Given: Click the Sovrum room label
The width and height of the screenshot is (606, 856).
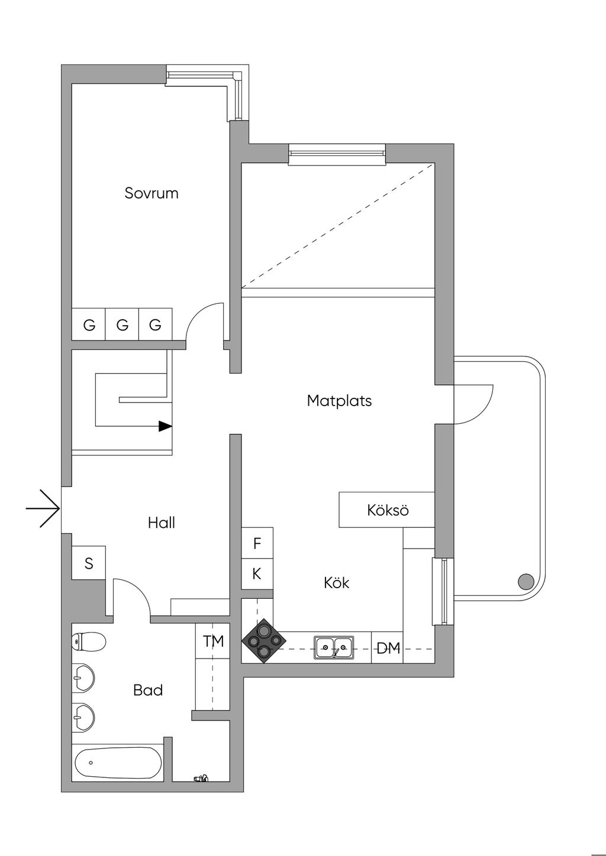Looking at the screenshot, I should tap(151, 193).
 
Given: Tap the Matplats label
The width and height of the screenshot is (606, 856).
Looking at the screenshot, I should tap(339, 401).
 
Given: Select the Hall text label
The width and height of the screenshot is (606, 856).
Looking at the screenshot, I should tap(161, 523).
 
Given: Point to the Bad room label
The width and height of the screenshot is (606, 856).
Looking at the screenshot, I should tap(148, 690).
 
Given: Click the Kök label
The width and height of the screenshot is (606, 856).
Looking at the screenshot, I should tap(336, 583).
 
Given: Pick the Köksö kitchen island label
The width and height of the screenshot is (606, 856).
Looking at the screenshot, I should tap(388, 510).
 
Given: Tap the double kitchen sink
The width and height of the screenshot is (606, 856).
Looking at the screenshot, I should tap(334, 647).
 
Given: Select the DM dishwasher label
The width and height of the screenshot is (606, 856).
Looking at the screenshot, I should tap(388, 649).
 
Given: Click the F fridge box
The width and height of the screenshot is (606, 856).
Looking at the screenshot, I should tap(257, 543).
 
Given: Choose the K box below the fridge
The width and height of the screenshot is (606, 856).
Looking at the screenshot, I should tap(257, 574).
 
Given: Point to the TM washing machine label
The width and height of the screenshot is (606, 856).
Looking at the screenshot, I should tap(213, 641).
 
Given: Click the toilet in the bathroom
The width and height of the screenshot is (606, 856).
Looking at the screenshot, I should tap(89, 641).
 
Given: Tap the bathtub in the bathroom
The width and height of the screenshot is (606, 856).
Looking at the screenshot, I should tap(118, 763).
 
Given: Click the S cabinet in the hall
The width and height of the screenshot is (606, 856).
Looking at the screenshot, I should tap(89, 563).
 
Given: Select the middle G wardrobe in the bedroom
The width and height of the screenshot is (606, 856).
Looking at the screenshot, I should tap(123, 325).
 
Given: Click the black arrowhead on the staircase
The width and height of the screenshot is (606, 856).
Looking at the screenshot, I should tap(165, 426).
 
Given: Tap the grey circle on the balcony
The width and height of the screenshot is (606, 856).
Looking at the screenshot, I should tap(526, 582).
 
